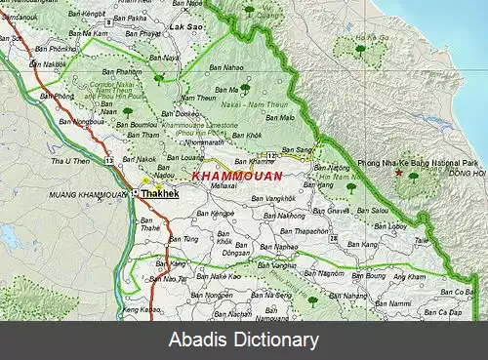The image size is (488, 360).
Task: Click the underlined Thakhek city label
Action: point(159,194)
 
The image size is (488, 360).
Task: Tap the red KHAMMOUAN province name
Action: point(237,176)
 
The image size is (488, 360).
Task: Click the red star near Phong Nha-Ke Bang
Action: point(398,173)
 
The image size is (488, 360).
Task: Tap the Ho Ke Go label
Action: point(365,49)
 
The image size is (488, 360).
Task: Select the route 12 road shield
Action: point(276,155)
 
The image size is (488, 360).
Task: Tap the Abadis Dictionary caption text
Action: point(244,340)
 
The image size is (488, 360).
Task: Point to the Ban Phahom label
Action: point(123,71)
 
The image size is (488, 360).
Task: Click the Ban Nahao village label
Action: point(226,68)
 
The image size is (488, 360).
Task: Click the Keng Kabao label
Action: point(140,310)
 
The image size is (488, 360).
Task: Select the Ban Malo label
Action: point(281,117)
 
